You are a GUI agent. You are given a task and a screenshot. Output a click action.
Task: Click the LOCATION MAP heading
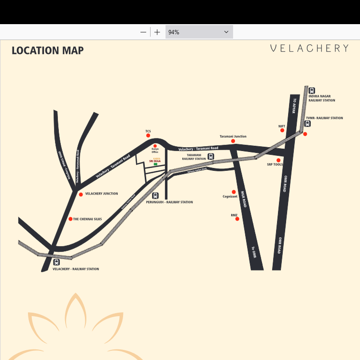[47, 51]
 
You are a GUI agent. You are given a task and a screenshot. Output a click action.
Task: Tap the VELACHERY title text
[309, 48]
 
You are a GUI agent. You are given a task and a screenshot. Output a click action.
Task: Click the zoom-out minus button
[143, 32]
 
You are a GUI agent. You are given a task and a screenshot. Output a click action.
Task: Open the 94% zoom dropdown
[199, 32]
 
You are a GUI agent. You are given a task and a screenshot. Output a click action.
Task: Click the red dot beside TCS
[148, 136]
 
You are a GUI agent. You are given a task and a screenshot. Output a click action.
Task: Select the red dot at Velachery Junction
[81, 194]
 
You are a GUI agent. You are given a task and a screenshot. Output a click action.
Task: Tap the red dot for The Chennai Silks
[70, 219]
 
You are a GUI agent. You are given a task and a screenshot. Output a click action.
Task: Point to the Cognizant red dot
[234, 192]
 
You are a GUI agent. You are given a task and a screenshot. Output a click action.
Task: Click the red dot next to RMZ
[237, 219]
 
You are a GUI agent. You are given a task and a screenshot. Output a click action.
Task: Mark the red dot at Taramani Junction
[233, 141]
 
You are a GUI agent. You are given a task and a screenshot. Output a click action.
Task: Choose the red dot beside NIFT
[282, 130]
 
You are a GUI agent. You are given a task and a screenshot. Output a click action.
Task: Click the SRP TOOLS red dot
[278, 160]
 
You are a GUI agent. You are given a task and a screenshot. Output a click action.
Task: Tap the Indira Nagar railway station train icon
[312, 90]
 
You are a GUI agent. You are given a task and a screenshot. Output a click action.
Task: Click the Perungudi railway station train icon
[155, 196]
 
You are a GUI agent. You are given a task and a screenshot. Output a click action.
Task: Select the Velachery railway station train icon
[56, 263]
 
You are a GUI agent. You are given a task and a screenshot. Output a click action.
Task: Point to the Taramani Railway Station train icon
[211, 156]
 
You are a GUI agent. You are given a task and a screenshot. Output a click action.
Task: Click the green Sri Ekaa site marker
[155, 165]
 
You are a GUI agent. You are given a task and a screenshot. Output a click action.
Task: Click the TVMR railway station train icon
[307, 124]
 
